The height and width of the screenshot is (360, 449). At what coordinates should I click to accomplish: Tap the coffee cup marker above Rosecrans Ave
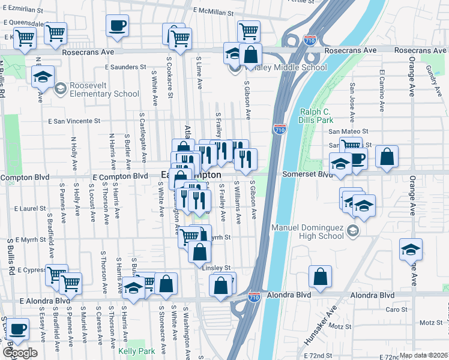click(x=117, y=26)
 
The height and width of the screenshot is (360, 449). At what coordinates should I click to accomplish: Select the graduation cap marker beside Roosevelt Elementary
click(x=43, y=77)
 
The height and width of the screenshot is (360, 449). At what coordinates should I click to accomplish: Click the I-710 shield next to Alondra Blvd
click(x=254, y=297)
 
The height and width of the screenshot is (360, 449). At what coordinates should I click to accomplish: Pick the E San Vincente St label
click(x=74, y=121)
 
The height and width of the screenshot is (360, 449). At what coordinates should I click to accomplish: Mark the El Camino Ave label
click(x=382, y=91)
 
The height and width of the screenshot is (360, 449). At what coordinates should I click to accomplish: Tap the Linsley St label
click(x=218, y=268)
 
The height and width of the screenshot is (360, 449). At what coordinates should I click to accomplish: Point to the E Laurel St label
click(x=30, y=209)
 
